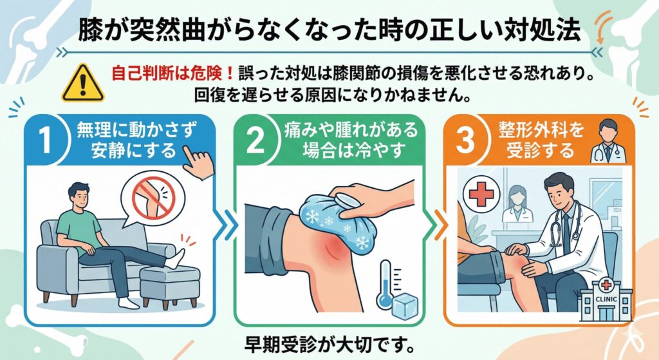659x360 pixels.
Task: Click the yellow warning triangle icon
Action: pos(83,83)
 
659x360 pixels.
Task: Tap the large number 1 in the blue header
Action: pos(46,140)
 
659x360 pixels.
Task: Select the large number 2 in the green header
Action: pos(255,140)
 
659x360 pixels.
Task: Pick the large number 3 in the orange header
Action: pos(465,140)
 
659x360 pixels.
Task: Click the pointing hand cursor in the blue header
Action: pos(198,162)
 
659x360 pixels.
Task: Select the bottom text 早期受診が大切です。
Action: pos(329,345)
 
